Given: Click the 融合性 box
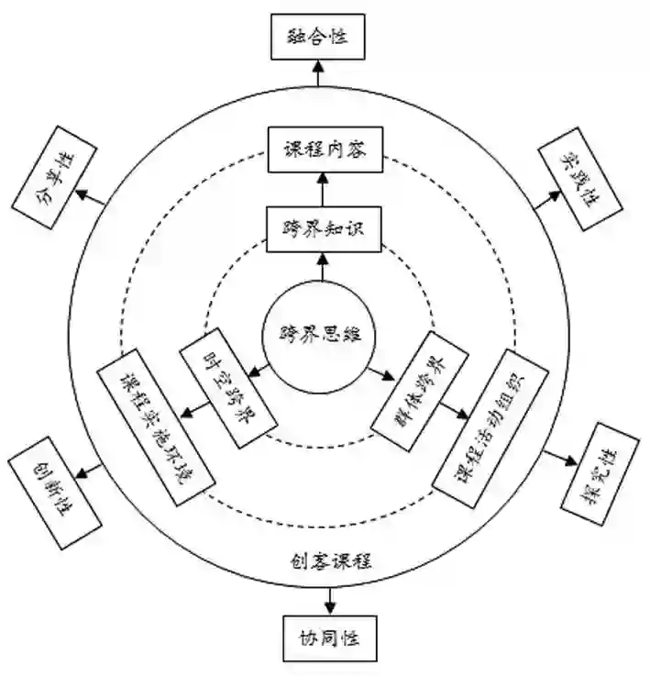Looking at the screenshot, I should point(318,37).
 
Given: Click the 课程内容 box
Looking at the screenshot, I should point(319,150).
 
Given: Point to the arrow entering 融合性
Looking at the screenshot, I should point(318,72).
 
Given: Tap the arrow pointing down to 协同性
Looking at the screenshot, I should point(328,601).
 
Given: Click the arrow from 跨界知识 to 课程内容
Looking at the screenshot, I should point(320,189).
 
